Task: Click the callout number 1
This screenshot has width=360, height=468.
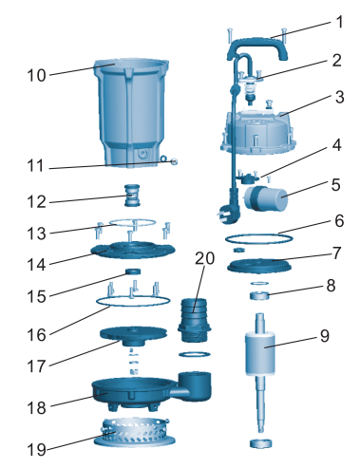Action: (x=339, y=23)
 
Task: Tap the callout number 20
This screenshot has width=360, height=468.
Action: (x=204, y=258)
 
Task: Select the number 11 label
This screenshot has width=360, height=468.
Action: (x=35, y=166)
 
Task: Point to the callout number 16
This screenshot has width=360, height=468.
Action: (x=36, y=335)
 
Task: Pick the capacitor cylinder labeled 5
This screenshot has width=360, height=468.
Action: (x=266, y=197)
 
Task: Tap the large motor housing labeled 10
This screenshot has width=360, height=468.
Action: (x=131, y=112)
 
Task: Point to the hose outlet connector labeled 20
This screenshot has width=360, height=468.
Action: (x=194, y=320)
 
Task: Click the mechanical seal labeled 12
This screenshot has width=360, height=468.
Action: (x=132, y=196)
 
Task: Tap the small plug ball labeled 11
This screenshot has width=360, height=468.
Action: (x=174, y=161)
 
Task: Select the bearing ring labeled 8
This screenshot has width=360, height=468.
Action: (x=259, y=296)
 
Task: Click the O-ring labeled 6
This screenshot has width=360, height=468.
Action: (x=259, y=238)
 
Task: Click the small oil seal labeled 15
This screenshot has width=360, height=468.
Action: (x=133, y=271)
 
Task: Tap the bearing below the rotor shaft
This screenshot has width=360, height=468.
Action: (x=261, y=442)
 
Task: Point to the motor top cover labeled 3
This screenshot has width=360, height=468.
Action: (x=258, y=131)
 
